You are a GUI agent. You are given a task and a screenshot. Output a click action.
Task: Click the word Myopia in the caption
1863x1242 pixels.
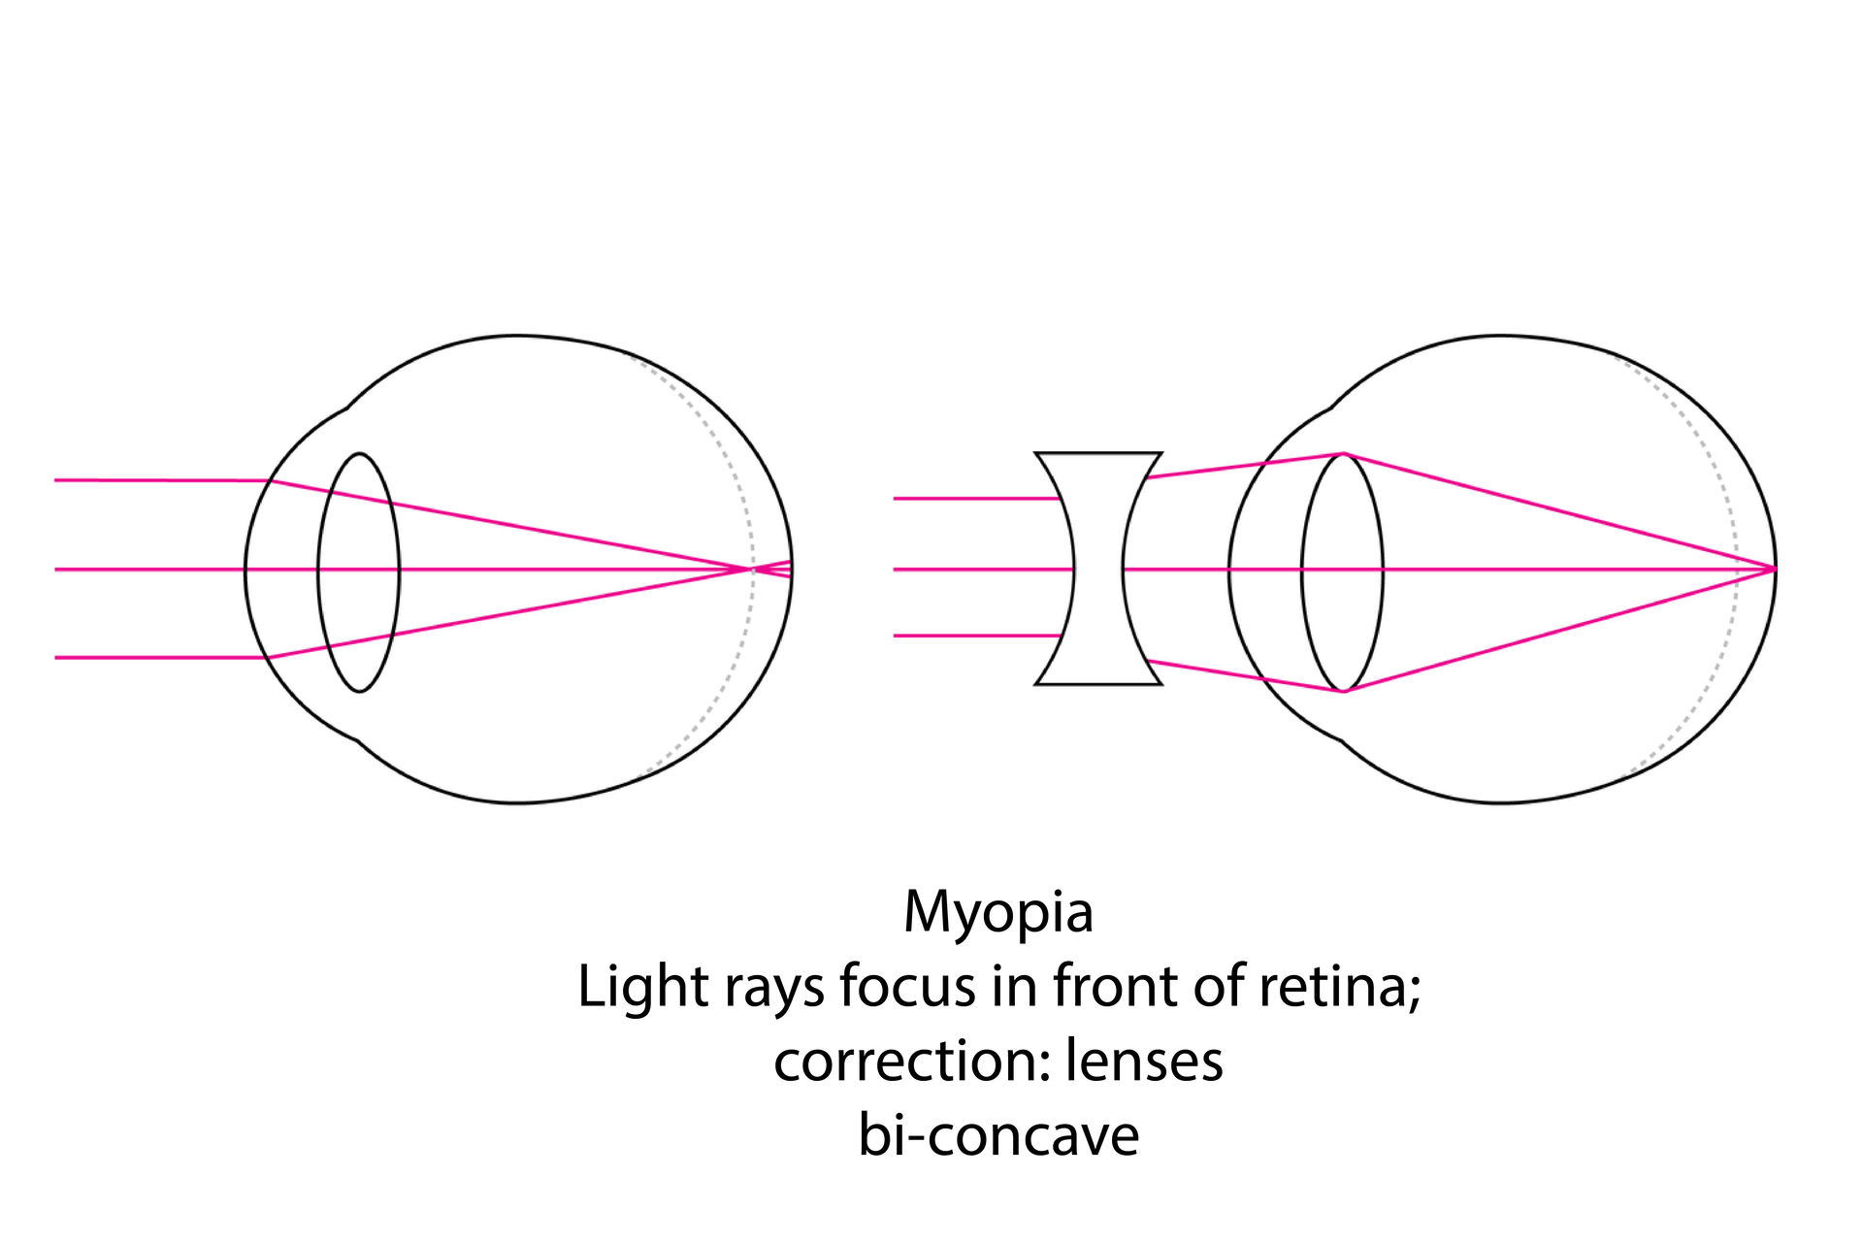pos(997,913)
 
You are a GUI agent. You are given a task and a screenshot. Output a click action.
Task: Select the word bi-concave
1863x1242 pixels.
pos(997,1134)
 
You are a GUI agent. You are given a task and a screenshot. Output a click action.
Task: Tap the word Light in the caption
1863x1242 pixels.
pos(642,986)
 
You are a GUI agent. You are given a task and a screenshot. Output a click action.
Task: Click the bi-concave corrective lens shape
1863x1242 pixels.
pos(1098,569)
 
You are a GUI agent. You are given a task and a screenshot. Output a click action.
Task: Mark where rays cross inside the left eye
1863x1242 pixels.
pos(753,570)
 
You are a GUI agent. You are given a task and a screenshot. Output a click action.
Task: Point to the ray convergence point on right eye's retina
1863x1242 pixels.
pos(1775,570)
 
